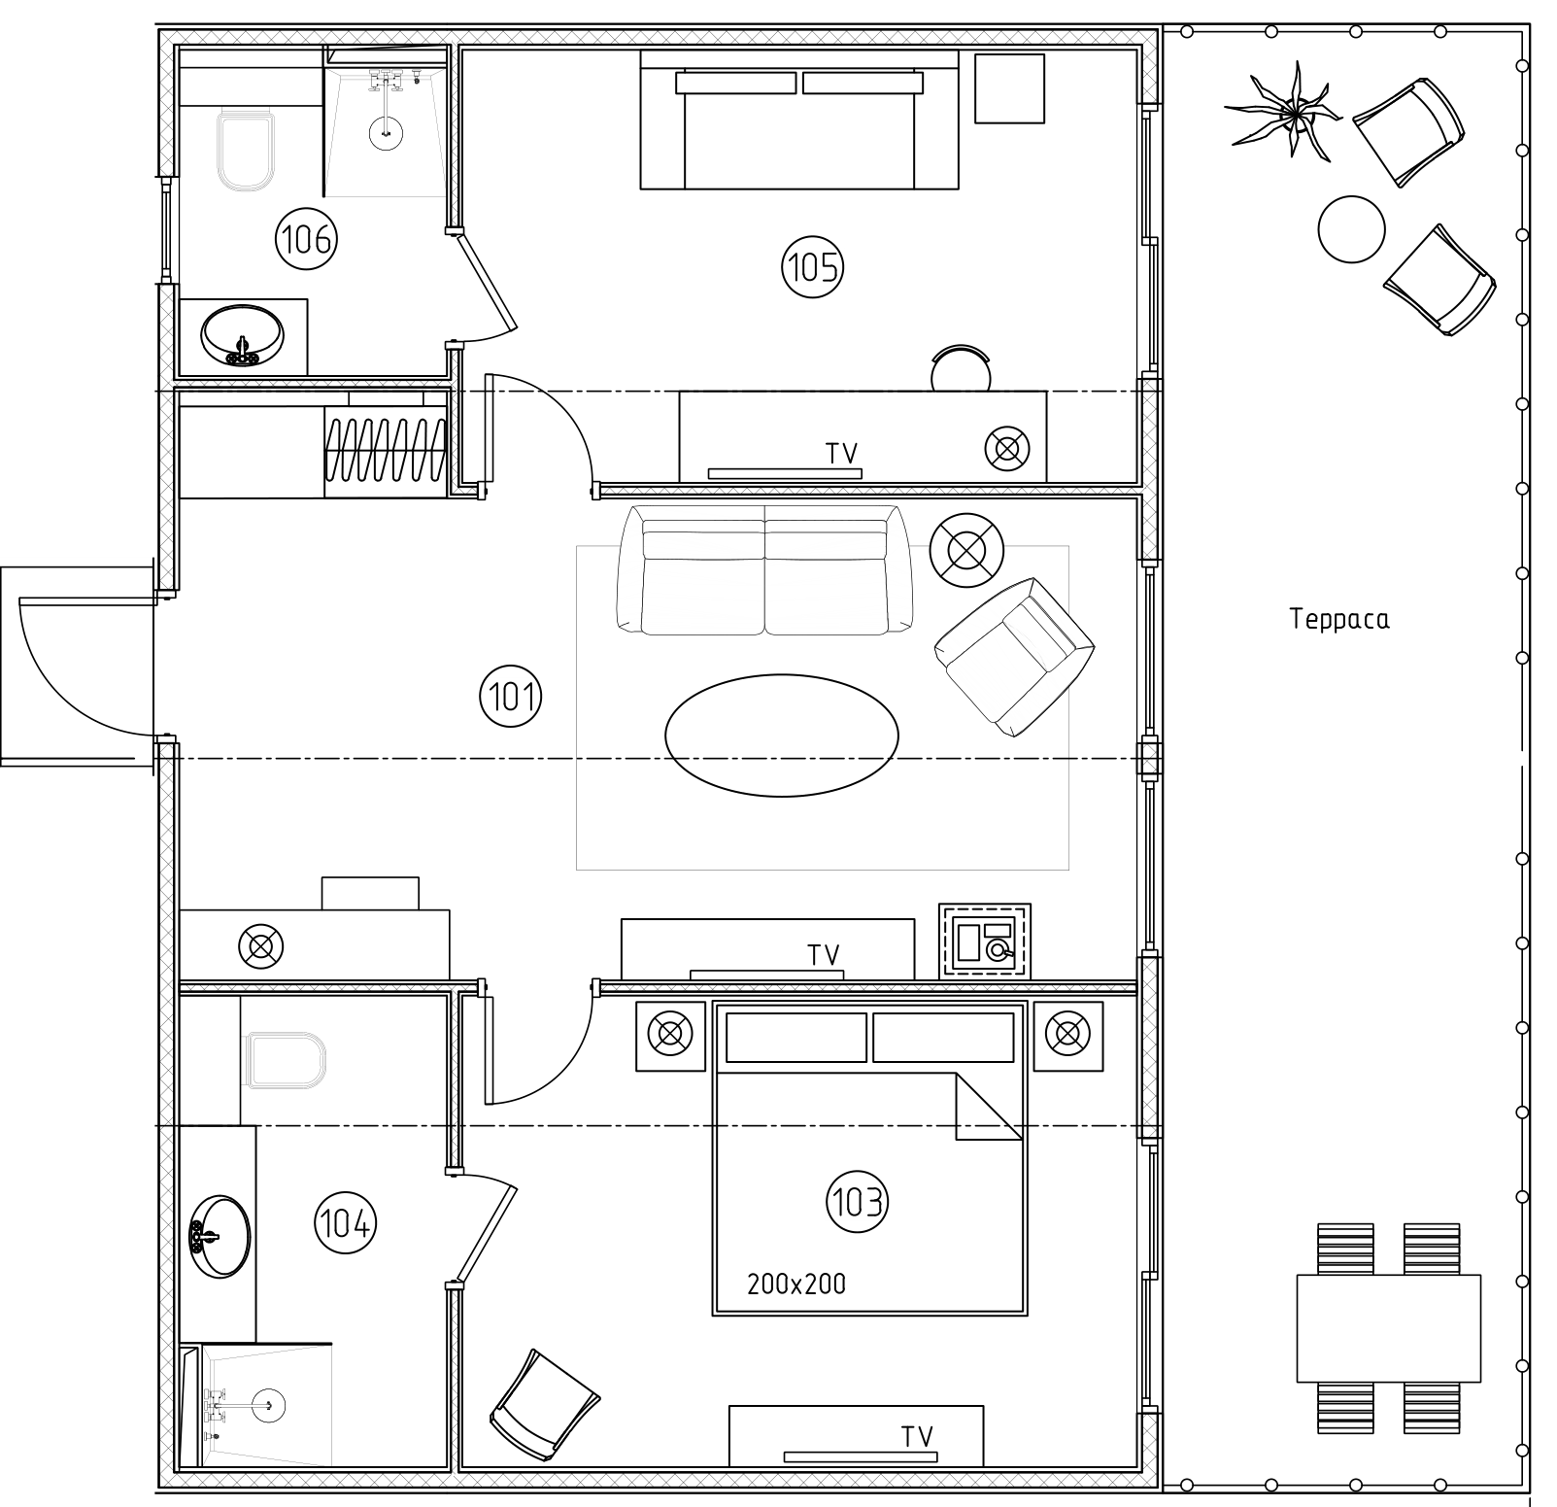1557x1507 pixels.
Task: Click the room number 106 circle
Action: coord(307,238)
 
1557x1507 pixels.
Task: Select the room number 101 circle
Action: coord(511,696)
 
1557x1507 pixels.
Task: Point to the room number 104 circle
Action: coord(345,1222)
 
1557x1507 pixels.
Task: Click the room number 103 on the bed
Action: coord(858,1203)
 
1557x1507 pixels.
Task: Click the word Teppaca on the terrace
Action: coord(1339,620)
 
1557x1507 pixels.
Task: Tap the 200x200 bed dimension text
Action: coord(796,1284)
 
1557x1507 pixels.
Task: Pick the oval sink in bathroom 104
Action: coord(220,1236)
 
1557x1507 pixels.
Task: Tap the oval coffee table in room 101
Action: coord(782,736)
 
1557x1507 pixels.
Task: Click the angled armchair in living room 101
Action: coord(1013,657)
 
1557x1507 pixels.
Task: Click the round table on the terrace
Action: coord(1351,228)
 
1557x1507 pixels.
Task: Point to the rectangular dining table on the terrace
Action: coord(1389,1328)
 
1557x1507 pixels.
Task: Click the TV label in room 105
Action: coord(841,453)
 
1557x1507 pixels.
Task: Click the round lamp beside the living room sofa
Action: coord(965,550)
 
